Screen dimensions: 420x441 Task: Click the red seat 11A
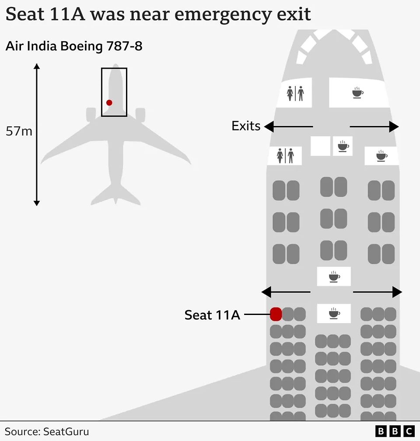[276, 314]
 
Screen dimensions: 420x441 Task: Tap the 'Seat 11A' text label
[212, 315]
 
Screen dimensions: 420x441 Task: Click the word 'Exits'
[246, 126]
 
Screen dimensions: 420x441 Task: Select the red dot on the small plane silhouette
[109, 103]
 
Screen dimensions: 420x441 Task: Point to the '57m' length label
[19, 131]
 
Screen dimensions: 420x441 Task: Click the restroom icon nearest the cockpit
[295, 93]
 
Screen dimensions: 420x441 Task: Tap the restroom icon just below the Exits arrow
[285, 156]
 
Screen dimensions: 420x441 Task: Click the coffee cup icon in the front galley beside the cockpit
[357, 93]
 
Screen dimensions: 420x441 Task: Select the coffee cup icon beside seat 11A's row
[334, 313]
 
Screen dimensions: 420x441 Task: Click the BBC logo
[395, 431]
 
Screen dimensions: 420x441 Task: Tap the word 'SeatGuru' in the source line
[66, 431]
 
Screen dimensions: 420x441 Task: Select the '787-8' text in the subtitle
[124, 46]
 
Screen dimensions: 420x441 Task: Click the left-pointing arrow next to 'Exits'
[288, 126]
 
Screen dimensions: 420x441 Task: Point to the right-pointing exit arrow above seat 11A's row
[378, 292]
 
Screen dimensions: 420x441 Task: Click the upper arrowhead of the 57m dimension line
[37, 66]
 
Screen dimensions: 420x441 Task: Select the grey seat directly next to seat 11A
[287, 314]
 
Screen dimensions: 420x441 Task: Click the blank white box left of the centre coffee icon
[320, 146]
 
